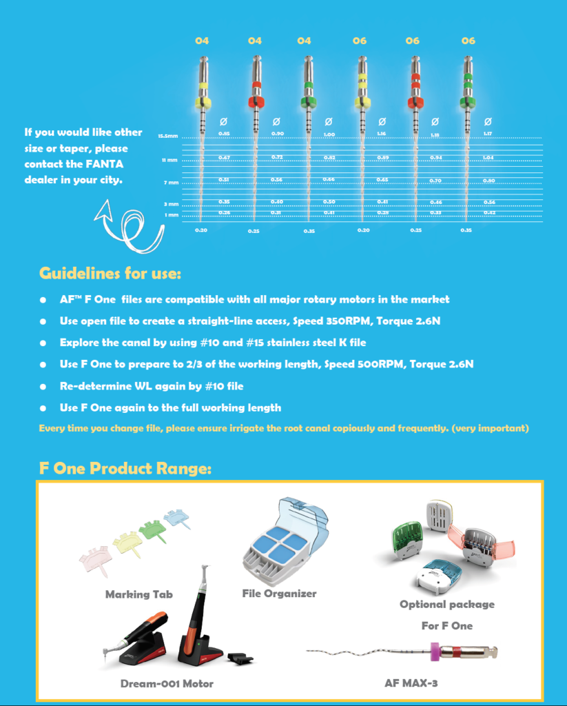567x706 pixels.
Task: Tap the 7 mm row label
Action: pyautogui.click(x=171, y=183)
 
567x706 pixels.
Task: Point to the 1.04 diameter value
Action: pyautogui.click(x=488, y=158)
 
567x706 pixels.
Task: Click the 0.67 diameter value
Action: pyautogui.click(x=224, y=158)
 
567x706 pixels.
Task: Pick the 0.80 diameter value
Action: pyautogui.click(x=488, y=181)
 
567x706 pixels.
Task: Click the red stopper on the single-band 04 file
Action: pyautogui.click(x=256, y=102)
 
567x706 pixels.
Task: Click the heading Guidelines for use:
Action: pyautogui.click(x=110, y=273)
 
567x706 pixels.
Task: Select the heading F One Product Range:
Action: pyautogui.click(x=125, y=469)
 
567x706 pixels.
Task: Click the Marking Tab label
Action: pyautogui.click(x=138, y=594)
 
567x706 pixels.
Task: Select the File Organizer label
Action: pyautogui.click(x=279, y=593)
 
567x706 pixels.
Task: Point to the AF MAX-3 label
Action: pyautogui.click(x=411, y=683)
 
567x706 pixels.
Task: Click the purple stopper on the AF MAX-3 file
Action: pyautogui.click(x=436, y=651)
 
